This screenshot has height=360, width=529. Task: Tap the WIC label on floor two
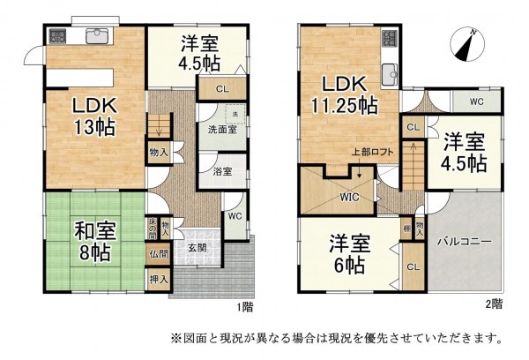[x=352, y=198]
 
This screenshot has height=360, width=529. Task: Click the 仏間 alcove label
[x=160, y=255]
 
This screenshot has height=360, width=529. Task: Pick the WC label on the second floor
[x=476, y=102]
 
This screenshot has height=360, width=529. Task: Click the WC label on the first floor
[x=235, y=215]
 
